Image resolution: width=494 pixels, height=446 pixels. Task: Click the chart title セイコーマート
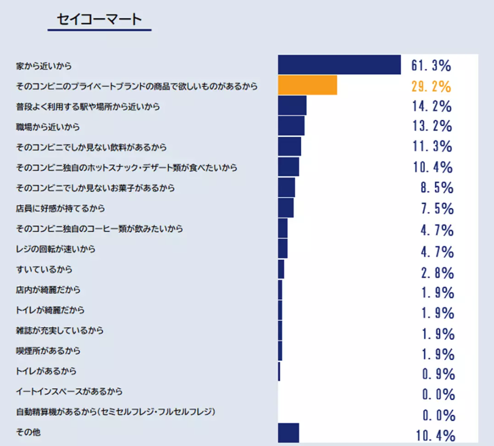click(99, 19)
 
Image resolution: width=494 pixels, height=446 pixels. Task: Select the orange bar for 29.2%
click(307, 85)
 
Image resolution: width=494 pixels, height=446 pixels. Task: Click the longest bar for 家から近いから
click(339, 65)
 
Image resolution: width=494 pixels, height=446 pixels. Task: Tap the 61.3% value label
click(431, 65)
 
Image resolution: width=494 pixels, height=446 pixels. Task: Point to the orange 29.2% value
click(431, 86)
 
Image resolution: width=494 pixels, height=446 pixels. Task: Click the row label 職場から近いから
click(48, 127)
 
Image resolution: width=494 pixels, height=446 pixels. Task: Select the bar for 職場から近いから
click(291, 126)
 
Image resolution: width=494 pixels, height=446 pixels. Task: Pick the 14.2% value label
click(431, 106)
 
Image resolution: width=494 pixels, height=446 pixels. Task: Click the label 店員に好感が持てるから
click(61, 208)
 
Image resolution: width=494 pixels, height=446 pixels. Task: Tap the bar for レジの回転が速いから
click(282, 248)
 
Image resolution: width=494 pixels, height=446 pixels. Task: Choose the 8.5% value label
click(437, 188)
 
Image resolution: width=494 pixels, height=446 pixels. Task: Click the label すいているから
click(44, 269)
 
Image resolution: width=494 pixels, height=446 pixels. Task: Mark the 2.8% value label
click(437, 273)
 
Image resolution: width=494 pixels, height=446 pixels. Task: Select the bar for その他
click(288, 433)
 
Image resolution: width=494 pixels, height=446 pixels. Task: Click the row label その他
click(28, 433)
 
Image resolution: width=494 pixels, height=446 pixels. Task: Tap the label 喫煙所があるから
click(48, 351)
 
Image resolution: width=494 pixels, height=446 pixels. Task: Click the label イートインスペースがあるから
click(69, 392)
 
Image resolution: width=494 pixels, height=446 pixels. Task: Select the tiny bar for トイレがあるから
click(279, 371)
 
